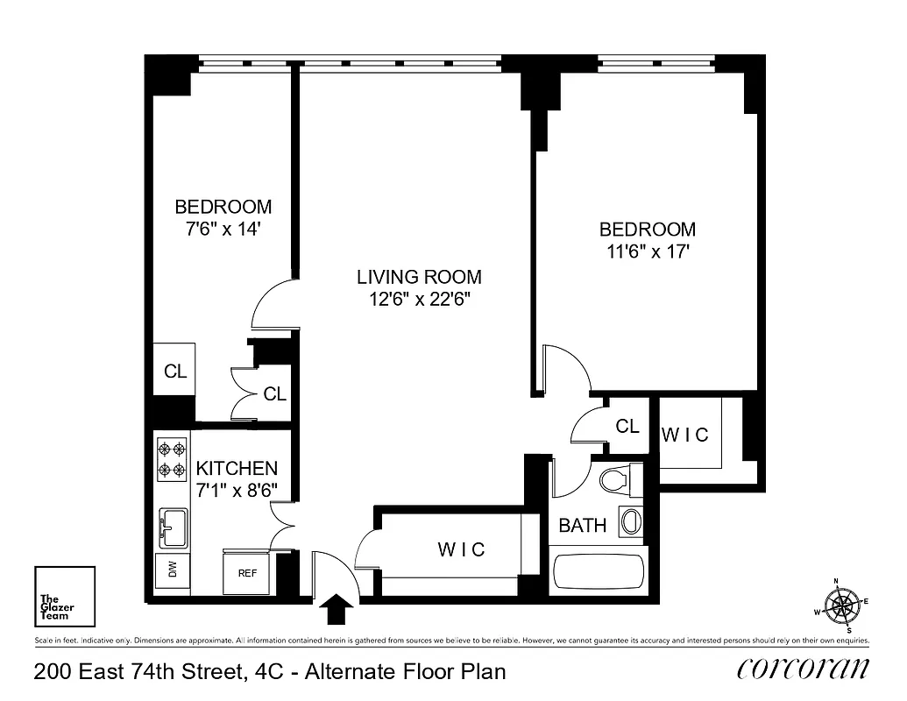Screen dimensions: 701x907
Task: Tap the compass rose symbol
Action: tap(844, 605)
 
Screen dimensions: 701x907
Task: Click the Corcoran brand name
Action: tap(804, 669)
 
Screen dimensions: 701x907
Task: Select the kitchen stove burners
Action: tap(172, 460)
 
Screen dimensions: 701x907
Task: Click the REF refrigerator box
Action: tap(248, 573)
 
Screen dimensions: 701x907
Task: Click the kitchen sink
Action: tap(173, 527)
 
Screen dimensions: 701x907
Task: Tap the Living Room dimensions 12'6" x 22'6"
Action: tap(419, 299)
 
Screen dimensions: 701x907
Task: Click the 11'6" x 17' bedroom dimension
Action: tap(648, 251)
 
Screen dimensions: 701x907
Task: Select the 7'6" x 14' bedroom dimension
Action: tap(223, 229)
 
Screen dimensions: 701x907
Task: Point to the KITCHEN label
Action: tap(237, 468)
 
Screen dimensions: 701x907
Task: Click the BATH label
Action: tap(583, 526)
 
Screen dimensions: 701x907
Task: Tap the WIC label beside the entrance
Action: tap(461, 549)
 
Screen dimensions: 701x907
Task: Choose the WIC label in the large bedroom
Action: tap(685, 435)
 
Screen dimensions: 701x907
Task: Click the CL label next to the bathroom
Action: tap(627, 427)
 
